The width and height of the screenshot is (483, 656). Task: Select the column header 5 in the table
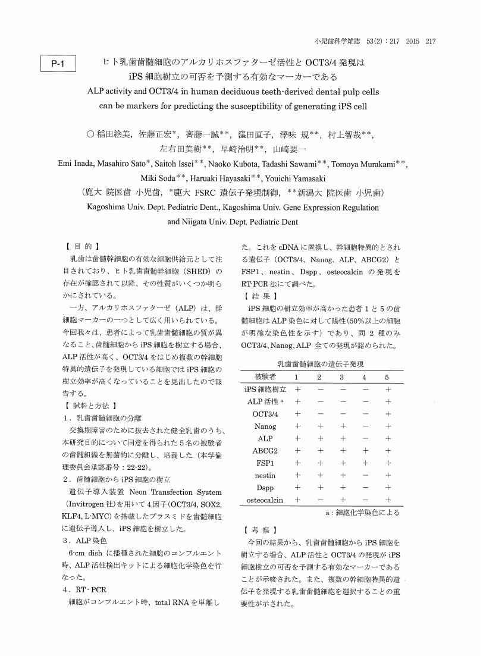(x=388, y=376)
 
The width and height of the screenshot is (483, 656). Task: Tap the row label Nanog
(x=265, y=426)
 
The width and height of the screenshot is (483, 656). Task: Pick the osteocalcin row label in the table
(x=265, y=500)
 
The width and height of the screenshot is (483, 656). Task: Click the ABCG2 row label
(x=265, y=451)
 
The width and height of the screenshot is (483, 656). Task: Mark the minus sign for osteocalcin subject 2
(x=319, y=500)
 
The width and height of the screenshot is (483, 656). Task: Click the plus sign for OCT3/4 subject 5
(x=388, y=414)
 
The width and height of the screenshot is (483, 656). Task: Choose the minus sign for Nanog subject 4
(x=365, y=426)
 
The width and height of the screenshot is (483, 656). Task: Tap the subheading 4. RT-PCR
(x=85, y=589)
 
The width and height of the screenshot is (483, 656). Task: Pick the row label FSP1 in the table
(x=265, y=463)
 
